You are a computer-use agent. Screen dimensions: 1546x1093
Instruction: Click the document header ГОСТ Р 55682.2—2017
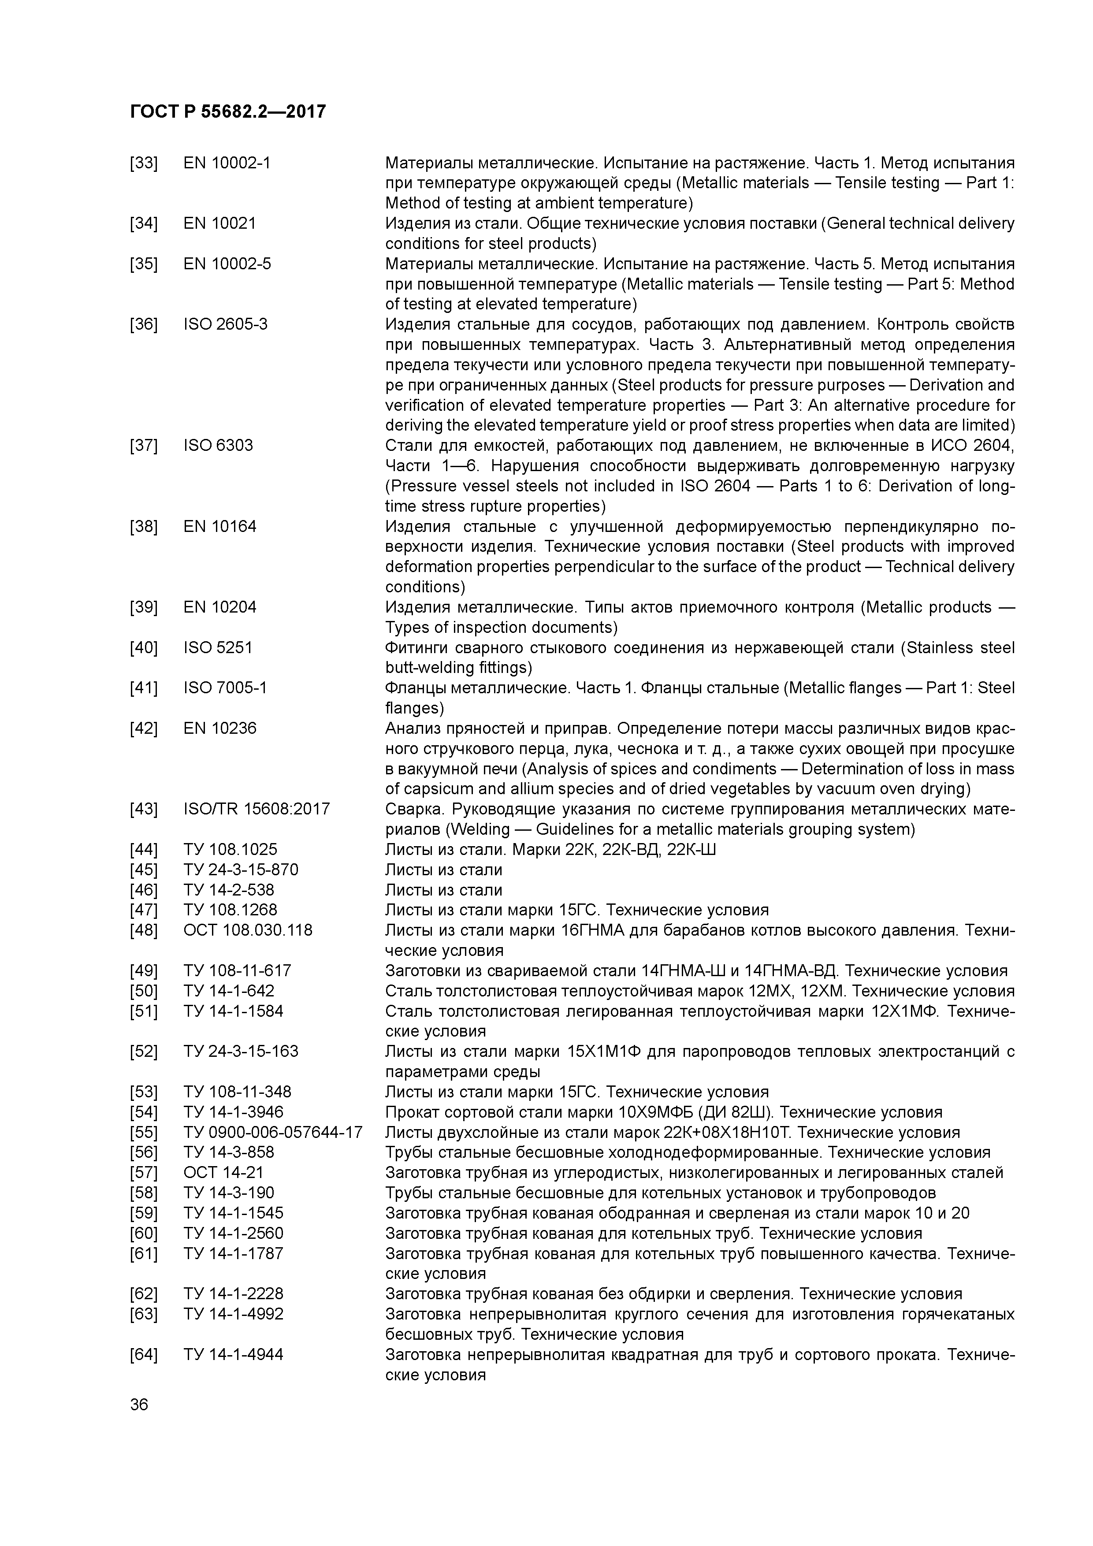click(227, 112)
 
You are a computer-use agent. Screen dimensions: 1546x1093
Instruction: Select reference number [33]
click(143, 163)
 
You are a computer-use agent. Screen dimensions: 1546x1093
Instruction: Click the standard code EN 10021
click(219, 223)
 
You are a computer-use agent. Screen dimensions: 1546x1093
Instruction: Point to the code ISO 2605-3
click(225, 324)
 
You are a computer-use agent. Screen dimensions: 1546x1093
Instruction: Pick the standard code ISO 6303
click(218, 446)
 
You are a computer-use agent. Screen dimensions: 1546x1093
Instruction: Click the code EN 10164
click(219, 527)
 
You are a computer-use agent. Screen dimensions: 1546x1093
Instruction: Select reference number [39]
click(143, 607)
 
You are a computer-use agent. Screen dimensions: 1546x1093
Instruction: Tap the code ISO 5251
click(218, 648)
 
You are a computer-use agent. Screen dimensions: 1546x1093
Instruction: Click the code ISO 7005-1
click(225, 688)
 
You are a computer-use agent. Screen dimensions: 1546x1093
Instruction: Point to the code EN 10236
click(219, 728)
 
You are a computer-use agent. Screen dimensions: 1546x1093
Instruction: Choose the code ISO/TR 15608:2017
click(257, 810)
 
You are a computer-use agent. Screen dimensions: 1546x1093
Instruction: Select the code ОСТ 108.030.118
click(248, 931)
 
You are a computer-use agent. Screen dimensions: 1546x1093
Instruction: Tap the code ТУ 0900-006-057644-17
click(273, 1133)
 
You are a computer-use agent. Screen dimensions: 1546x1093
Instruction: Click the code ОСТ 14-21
click(223, 1173)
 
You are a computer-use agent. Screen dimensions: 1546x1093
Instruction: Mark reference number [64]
click(143, 1355)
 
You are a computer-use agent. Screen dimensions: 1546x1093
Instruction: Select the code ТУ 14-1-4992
click(233, 1314)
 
